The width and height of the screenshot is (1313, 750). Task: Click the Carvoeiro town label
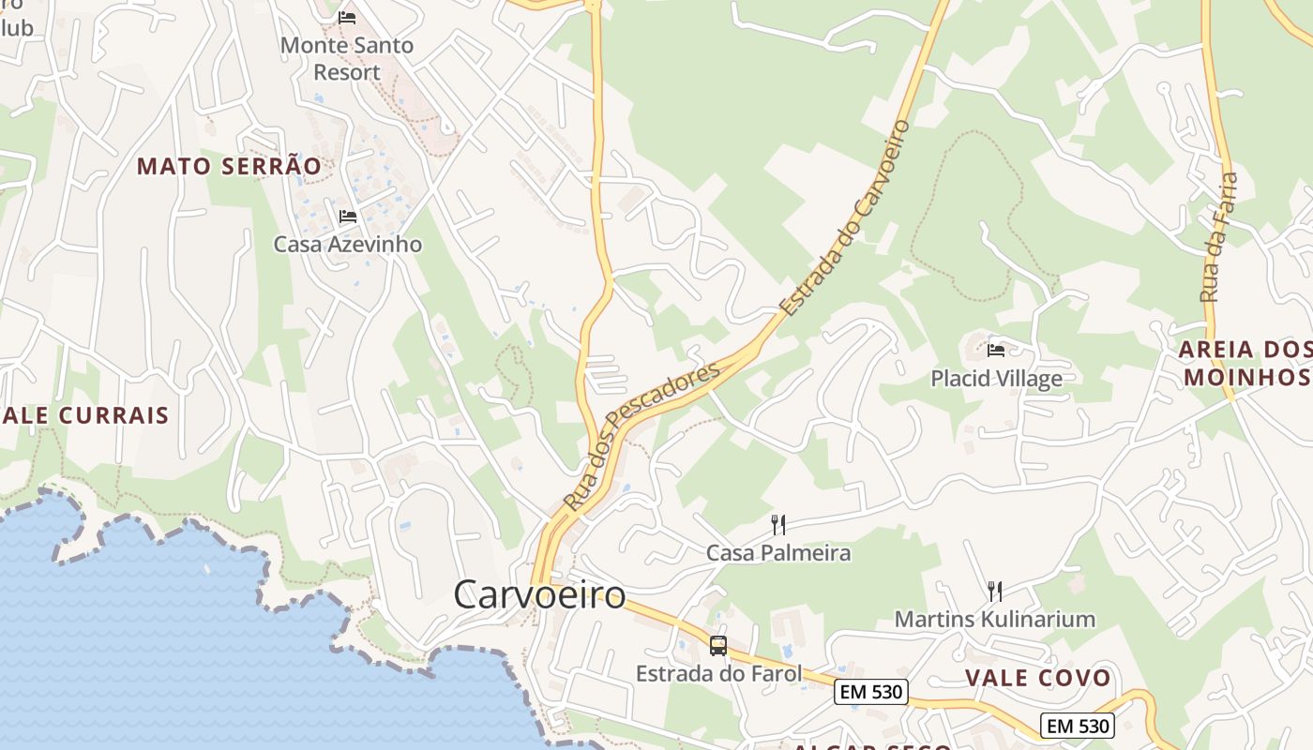(539, 594)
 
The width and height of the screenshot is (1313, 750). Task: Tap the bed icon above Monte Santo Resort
(347, 17)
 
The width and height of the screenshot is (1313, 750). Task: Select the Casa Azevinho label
(347, 245)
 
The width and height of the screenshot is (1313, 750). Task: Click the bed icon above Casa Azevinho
(347, 217)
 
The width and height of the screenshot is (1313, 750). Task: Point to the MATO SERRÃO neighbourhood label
(229, 167)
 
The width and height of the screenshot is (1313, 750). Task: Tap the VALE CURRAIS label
(84, 415)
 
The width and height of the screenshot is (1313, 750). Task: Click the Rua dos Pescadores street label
(641, 435)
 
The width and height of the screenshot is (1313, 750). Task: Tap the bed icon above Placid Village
(996, 351)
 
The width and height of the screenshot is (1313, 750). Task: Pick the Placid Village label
(996, 379)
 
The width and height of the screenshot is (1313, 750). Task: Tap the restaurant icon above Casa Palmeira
(777, 524)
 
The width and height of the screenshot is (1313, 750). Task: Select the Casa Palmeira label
(777, 553)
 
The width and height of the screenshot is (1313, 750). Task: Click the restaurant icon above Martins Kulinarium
(994, 591)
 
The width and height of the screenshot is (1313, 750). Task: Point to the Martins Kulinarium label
(994, 619)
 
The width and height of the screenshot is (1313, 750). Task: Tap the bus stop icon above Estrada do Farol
(718, 645)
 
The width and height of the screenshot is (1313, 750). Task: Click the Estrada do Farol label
(718, 673)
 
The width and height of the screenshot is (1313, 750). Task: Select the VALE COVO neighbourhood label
(1037, 678)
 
